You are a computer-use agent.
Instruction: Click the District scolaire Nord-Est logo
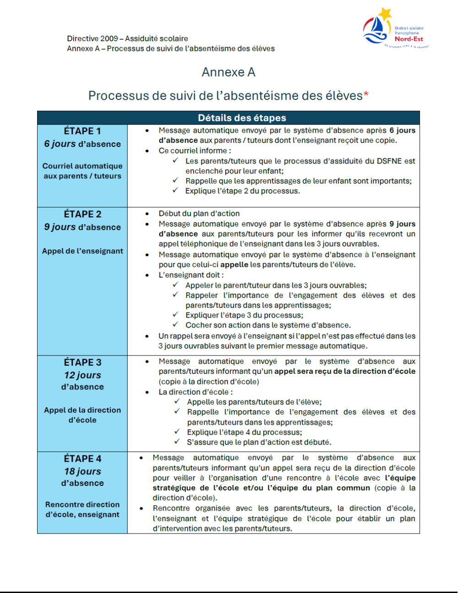click(x=395, y=28)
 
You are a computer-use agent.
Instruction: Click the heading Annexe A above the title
click(x=229, y=72)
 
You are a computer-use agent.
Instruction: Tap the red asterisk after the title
click(x=366, y=95)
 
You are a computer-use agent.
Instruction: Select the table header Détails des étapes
click(x=242, y=118)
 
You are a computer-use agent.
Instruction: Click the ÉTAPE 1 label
click(x=82, y=131)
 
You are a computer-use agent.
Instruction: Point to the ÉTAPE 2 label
click(x=82, y=215)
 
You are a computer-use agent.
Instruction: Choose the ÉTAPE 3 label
click(x=82, y=363)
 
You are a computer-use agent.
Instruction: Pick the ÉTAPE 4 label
click(x=82, y=459)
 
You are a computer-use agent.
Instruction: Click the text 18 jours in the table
click(x=82, y=472)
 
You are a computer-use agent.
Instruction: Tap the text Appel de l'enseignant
click(x=82, y=251)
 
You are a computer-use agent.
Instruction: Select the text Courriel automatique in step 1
click(x=82, y=166)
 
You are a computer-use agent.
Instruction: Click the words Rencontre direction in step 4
click(x=82, y=505)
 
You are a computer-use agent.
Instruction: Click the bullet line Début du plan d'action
click(x=199, y=214)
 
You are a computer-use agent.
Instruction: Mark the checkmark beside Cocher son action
click(x=175, y=325)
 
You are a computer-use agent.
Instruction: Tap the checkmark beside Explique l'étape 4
click(x=177, y=432)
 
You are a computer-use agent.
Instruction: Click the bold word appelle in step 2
click(x=234, y=265)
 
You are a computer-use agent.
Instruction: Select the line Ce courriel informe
click(x=195, y=151)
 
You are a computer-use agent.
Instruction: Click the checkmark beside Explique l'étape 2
click(x=175, y=191)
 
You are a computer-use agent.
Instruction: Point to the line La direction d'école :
click(x=196, y=392)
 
